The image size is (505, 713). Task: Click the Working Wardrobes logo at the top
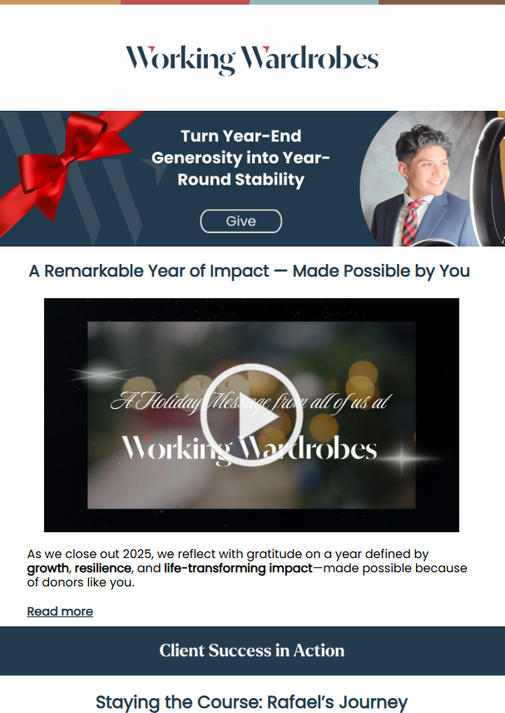(x=252, y=60)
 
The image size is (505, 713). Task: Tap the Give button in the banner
(x=241, y=221)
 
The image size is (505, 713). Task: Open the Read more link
(x=60, y=611)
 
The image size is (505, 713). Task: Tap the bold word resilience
(x=103, y=568)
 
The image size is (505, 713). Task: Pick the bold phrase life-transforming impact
(x=239, y=568)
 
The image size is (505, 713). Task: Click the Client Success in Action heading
(x=252, y=651)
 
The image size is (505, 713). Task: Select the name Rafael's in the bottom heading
(x=300, y=702)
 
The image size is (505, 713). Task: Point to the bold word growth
(x=47, y=568)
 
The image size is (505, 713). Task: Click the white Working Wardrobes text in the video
(x=250, y=449)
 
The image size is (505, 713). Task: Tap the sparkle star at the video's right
(x=402, y=458)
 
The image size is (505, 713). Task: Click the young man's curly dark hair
(x=422, y=140)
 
